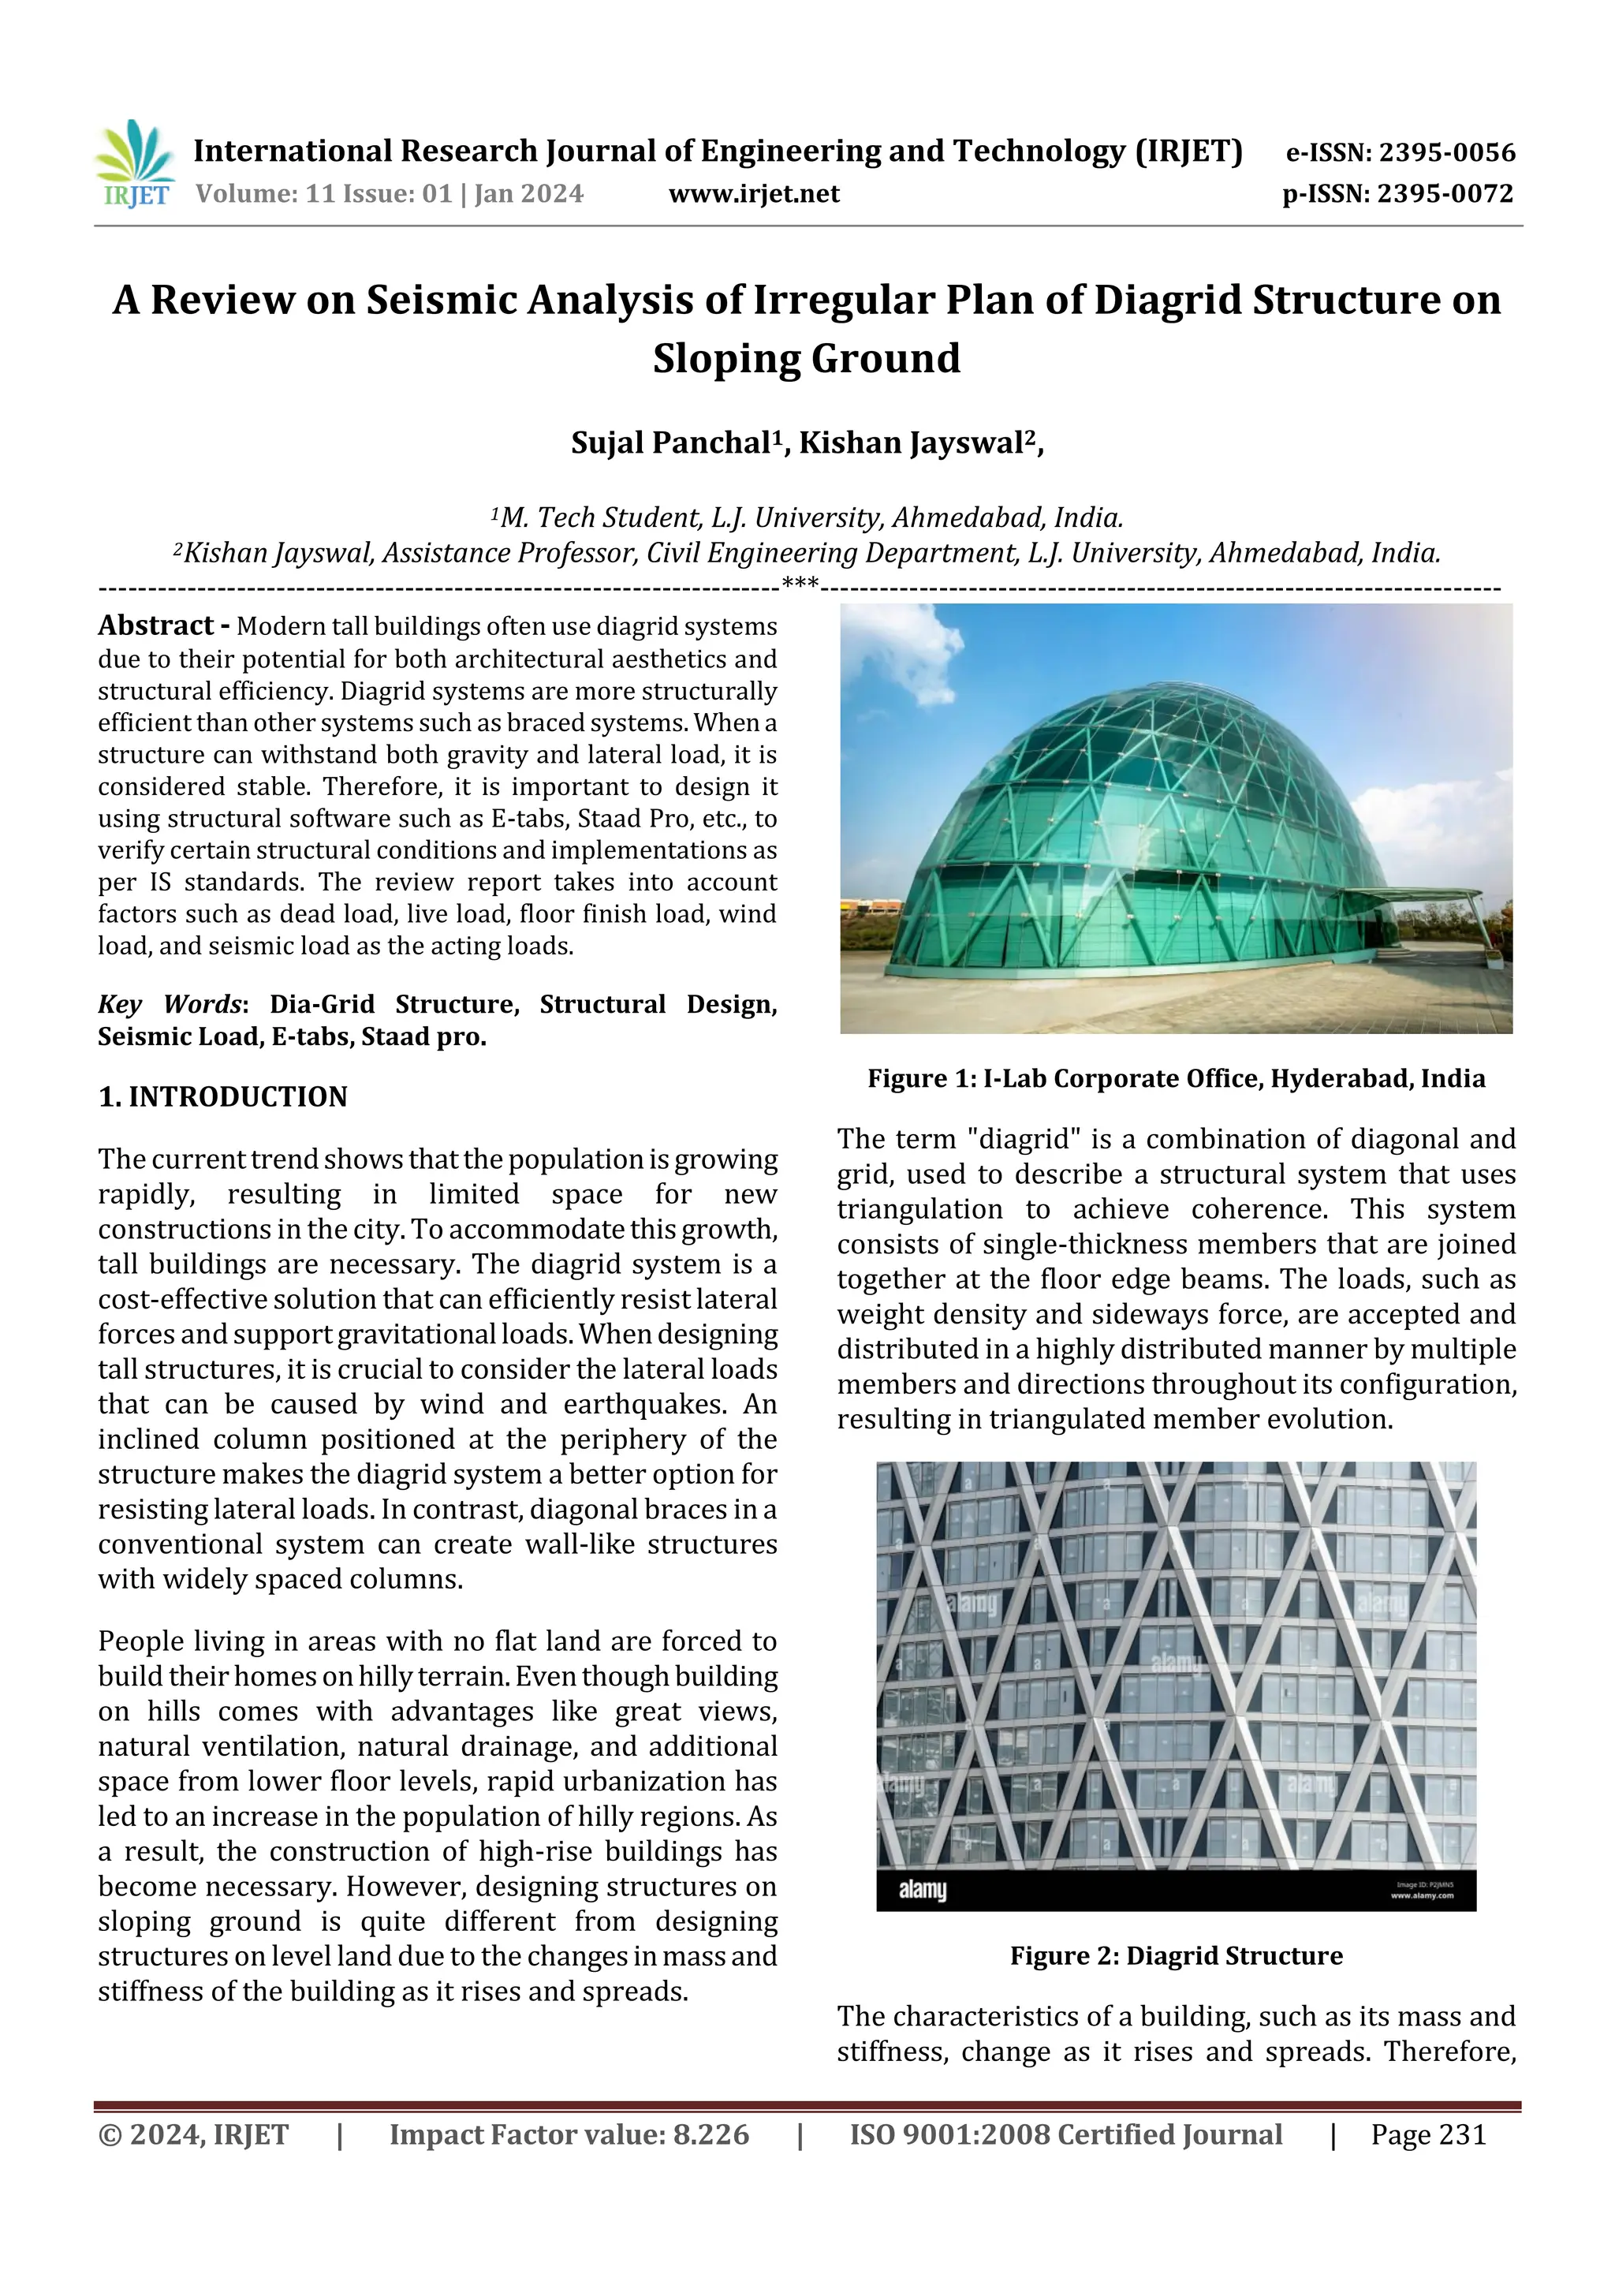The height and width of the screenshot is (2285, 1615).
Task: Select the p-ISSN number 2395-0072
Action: (1445, 194)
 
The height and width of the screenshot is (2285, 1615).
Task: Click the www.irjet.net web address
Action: (753, 194)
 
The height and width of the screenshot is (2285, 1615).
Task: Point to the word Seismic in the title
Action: (428, 301)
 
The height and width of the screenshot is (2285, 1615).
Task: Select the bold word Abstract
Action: (155, 626)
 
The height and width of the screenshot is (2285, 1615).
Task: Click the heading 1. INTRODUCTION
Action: (223, 1096)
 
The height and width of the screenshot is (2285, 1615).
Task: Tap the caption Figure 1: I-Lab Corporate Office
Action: (1177, 1079)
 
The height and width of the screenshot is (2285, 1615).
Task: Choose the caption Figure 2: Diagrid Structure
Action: (1177, 1955)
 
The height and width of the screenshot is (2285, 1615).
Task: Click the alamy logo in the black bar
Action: (923, 1890)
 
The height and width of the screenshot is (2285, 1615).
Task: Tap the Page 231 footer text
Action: (1428, 2134)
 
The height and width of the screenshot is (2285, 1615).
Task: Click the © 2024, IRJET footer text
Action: (193, 2134)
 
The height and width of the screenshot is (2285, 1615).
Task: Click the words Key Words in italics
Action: (170, 1004)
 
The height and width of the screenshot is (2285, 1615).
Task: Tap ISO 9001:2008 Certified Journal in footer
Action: (1065, 2134)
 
